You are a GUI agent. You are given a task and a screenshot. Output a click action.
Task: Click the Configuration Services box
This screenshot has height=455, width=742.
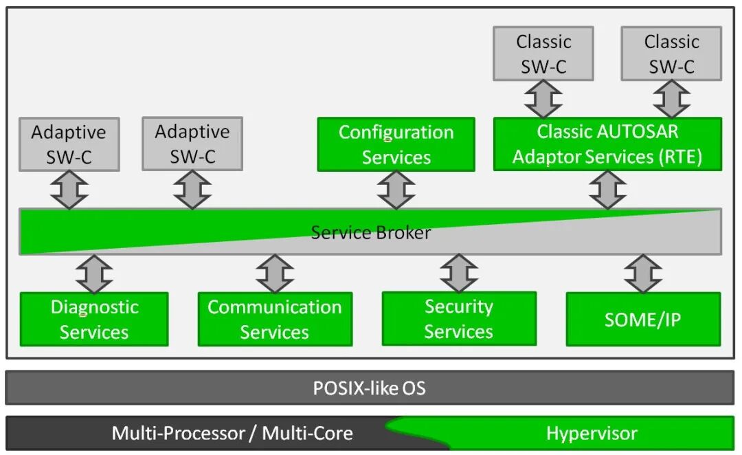(396, 144)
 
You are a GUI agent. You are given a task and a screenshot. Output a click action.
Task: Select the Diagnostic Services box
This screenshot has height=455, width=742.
(94, 319)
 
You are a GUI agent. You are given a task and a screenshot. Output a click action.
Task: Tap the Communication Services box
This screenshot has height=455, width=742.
(275, 319)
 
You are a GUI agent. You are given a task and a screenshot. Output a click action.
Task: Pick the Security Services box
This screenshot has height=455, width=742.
(458, 318)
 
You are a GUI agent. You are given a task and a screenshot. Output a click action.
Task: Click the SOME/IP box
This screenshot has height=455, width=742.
(643, 319)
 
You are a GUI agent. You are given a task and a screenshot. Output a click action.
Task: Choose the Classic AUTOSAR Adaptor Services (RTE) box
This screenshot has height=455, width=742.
(607, 144)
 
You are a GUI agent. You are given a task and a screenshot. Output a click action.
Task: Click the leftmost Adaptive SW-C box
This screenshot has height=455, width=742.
(69, 144)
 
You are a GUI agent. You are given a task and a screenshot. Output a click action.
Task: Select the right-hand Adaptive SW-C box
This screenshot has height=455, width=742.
(192, 144)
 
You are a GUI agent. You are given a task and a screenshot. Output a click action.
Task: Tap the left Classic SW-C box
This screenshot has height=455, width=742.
(543, 54)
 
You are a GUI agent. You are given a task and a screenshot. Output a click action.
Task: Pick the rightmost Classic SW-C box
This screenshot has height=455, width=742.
(671, 54)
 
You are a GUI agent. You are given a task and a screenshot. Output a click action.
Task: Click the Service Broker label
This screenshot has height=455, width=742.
(370, 232)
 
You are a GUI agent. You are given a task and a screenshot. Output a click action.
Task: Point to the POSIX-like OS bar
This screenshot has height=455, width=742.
(370, 388)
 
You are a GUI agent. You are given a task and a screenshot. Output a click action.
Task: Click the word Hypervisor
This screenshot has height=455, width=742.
(592, 434)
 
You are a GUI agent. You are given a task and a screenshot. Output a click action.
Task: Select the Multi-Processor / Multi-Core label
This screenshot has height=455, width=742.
(232, 434)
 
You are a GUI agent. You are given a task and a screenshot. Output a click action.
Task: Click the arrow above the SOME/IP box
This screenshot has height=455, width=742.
(643, 274)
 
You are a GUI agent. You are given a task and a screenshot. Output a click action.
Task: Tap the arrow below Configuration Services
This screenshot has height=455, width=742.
(396, 190)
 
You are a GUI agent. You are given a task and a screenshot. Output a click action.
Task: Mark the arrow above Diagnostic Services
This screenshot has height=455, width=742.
(94, 274)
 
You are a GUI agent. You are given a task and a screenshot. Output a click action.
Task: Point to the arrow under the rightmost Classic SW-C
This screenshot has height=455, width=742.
(671, 99)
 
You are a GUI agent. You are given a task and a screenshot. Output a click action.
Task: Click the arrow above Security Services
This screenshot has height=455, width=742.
(458, 274)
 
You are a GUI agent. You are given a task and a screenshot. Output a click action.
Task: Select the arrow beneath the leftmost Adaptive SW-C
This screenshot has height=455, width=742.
(69, 190)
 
